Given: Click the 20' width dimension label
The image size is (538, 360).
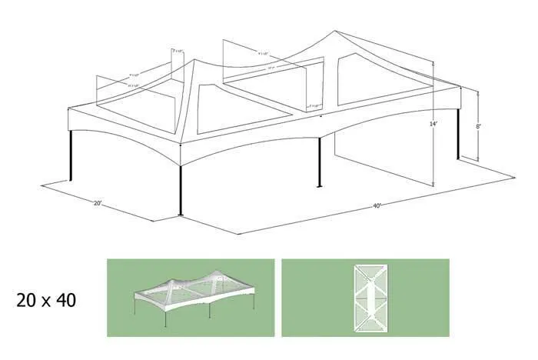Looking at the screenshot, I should (x=98, y=204).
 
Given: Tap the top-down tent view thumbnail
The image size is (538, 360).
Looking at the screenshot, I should (x=365, y=298).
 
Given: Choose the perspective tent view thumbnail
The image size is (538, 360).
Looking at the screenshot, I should (x=190, y=298).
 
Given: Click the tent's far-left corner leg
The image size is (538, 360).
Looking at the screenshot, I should (x=71, y=158).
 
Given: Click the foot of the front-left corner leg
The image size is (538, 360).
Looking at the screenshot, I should (x=181, y=215).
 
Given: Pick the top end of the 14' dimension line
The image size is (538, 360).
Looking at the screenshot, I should (x=435, y=65).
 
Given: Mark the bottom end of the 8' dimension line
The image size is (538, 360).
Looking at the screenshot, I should (x=478, y=162).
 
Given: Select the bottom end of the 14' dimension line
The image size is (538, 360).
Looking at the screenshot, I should (x=435, y=185).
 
